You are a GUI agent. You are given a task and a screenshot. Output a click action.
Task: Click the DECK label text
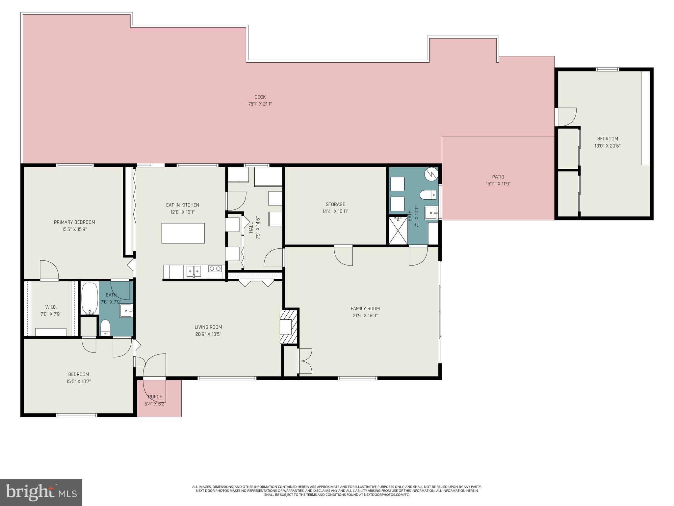pos(260,97)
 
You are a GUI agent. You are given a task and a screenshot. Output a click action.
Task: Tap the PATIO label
pos(498,177)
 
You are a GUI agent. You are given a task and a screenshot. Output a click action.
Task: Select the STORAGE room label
pos(335,204)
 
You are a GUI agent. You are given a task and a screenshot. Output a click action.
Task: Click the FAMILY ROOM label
pos(365,309)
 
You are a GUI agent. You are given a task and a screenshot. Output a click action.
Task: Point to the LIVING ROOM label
pos(208,327)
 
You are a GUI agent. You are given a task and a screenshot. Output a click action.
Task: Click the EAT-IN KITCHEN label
pos(183,205)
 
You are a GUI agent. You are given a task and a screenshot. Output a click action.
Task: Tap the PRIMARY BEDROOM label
pos(74,222)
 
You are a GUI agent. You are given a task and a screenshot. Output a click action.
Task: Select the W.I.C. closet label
pos(51,307)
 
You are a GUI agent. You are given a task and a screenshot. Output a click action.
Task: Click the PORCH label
pos(155,397)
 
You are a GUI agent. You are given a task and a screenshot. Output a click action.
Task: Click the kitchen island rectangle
pos(183,233)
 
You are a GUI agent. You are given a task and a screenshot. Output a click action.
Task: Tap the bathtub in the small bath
pos(90,298)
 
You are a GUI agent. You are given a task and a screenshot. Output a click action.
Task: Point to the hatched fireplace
pos(289,326)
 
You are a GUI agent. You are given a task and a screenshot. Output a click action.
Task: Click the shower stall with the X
pos(398,230)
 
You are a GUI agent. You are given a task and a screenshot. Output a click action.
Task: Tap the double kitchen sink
pos(194,271)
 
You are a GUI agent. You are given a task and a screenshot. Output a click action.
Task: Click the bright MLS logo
pos(41,492)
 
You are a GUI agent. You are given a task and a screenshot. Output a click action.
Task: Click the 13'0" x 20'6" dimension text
pos(607,146)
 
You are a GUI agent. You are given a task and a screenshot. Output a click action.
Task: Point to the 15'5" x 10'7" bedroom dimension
pos(78,381)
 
